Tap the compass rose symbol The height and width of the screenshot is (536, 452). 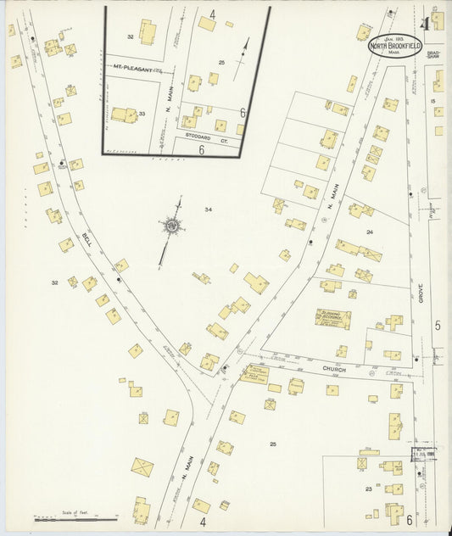[172, 226]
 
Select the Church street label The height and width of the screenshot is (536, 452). [332, 370]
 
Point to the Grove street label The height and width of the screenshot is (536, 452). [419, 294]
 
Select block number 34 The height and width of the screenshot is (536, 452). [208, 209]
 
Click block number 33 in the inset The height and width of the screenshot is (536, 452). [142, 113]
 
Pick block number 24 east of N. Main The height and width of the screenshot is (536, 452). [369, 231]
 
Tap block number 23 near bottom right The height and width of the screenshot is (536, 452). [368, 489]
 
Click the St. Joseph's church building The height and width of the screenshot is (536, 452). [332, 319]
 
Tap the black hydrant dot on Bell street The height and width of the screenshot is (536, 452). [118, 279]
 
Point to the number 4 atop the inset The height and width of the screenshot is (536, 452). [212, 14]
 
